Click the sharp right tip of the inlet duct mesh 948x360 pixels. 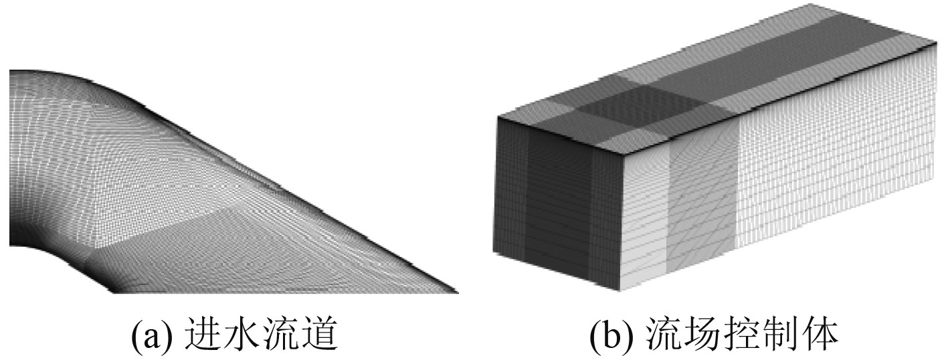(457, 291)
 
